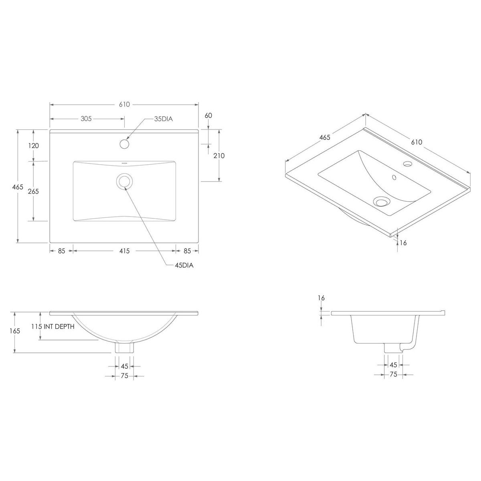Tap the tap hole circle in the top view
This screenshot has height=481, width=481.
[x=125, y=143]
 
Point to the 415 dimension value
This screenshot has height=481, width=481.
[x=124, y=251]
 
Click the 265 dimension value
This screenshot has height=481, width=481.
[x=33, y=191]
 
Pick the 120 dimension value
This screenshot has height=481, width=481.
[x=33, y=146]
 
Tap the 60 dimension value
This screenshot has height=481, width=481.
[x=208, y=115]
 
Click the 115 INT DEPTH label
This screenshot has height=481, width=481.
[x=53, y=327]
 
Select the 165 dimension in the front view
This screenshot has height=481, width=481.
[x=15, y=331]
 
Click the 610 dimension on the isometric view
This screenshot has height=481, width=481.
[x=416, y=142]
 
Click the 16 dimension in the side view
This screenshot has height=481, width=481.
[x=321, y=298]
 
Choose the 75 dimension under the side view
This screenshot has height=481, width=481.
[x=393, y=374]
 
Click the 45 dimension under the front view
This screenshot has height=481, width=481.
[x=124, y=366]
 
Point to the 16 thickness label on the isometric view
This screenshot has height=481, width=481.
[x=403, y=243]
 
